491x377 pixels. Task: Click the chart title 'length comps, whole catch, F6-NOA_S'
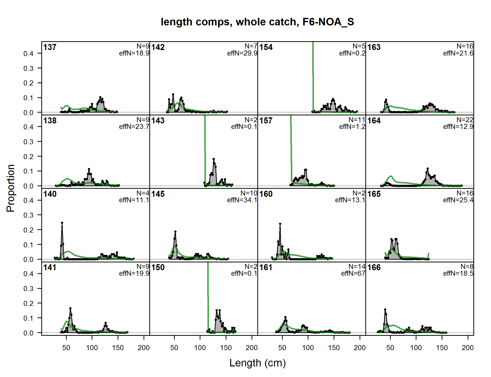click(x=257, y=22)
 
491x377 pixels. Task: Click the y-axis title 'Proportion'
click(x=11, y=188)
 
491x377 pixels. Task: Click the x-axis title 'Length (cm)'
click(x=257, y=363)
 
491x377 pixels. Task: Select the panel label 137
click(x=50, y=47)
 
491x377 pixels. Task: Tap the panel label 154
click(x=266, y=47)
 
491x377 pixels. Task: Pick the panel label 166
click(x=374, y=267)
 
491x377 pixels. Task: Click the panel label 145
click(x=158, y=194)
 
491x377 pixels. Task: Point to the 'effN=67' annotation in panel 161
click(x=353, y=273)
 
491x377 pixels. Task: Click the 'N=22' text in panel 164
click(x=465, y=120)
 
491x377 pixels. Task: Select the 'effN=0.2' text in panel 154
click(x=352, y=53)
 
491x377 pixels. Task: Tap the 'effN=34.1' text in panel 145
click(x=242, y=200)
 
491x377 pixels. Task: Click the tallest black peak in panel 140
click(x=62, y=223)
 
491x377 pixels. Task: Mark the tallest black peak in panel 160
click(x=280, y=223)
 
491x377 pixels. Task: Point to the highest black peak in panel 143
click(x=214, y=159)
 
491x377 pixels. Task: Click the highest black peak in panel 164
click(x=428, y=168)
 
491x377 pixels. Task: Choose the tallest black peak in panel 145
click(x=175, y=231)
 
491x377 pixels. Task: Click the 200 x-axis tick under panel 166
click(x=468, y=348)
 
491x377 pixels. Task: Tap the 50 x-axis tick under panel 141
click(x=66, y=348)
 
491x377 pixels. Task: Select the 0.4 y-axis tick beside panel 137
click(x=28, y=54)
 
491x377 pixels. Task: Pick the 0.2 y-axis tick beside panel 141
click(x=28, y=303)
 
